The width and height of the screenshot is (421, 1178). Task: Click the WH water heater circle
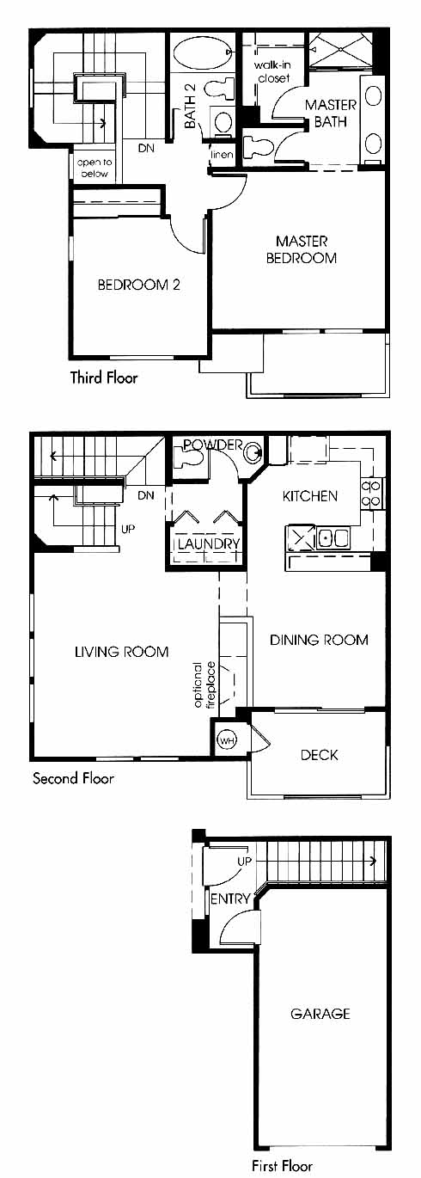coord(227,740)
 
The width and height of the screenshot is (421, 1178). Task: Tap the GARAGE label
coord(320,1014)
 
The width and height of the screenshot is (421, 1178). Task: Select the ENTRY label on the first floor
coord(229,899)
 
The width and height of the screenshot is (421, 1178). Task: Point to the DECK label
coord(319,755)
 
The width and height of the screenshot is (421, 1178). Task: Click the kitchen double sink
coord(332,538)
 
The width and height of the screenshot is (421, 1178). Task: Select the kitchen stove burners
coord(371,494)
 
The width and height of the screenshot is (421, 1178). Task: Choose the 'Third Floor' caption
coord(104,377)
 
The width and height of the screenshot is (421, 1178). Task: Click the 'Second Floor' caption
coord(73,778)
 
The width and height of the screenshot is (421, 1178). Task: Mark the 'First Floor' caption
coord(283,1165)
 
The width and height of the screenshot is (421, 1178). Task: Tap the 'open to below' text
coord(95,168)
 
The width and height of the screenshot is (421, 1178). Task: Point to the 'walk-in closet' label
coord(272,71)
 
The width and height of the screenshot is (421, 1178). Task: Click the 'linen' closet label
coord(222,155)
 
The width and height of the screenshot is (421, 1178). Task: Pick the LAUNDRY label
coord(209,543)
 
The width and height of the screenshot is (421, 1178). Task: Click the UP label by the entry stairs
coord(244,862)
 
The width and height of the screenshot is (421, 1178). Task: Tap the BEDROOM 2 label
coord(138,285)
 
